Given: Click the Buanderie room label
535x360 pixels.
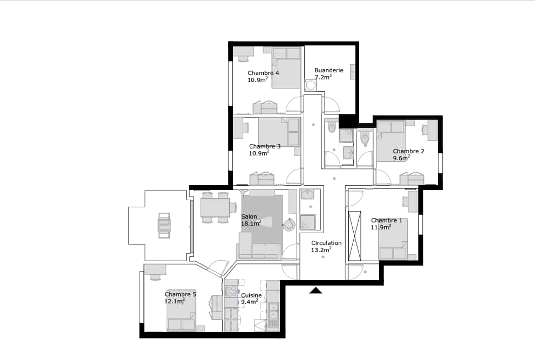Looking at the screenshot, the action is pyautogui.click(x=329, y=70).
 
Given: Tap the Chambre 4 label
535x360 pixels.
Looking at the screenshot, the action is pyautogui.click(x=263, y=73).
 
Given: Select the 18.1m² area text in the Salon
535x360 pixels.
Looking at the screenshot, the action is pyautogui.click(x=251, y=223).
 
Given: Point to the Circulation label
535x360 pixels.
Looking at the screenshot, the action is pyautogui.click(x=326, y=243).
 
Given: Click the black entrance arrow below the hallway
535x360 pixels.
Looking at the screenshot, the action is pyautogui.click(x=316, y=291).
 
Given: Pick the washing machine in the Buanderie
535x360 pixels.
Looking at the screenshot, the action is pyautogui.click(x=311, y=85).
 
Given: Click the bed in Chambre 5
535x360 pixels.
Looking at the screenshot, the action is pyautogui.click(x=181, y=310).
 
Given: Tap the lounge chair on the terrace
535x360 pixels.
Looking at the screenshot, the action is pyautogui.click(x=164, y=226).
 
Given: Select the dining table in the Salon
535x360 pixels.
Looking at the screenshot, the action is pyautogui.click(x=215, y=207).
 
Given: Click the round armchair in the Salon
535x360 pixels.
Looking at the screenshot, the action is pyautogui.click(x=289, y=224).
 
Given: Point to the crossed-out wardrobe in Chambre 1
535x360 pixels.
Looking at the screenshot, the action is pyautogui.click(x=354, y=236).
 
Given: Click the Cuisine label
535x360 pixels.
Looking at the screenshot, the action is pyautogui.click(x=251, y=295).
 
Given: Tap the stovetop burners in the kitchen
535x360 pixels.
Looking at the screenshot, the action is pyautogui.click(x=231, y=291).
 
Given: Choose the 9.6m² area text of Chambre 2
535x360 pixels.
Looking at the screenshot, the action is pyautogui.click(x=401, y=158).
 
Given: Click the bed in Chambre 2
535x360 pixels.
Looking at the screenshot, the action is pyautogui.click(x=390, y=141).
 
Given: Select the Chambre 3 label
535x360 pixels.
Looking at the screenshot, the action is pyautogui.click(x=265, y=146).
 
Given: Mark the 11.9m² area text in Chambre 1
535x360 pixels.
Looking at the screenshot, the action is pyautogui.click(x=381, y=227).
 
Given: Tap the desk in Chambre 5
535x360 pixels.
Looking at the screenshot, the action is pyautogui.click(x=155, y=269).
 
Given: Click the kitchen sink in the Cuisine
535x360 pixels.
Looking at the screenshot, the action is pyautogui.click(x=273, y=316).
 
